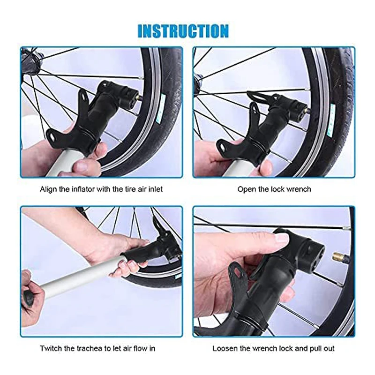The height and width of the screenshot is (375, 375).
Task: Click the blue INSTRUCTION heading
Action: coord(183,31)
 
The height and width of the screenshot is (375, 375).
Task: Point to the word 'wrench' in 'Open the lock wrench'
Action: coord(299,189)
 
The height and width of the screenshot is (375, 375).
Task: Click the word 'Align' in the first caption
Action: coord(49,189)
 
